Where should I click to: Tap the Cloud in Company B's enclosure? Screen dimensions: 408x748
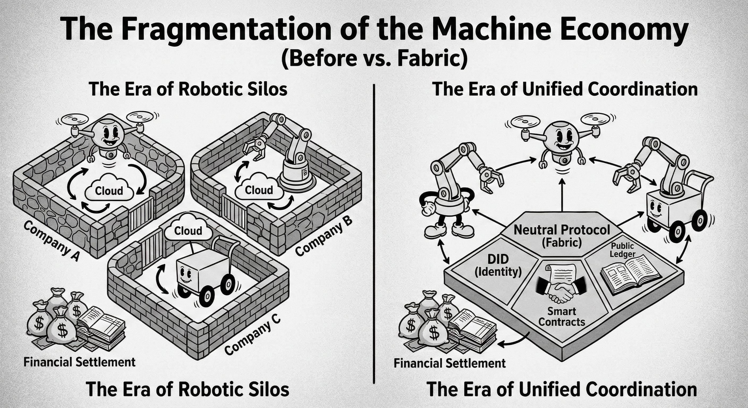coord(259,190)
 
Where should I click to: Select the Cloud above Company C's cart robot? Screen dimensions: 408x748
coord(188,230)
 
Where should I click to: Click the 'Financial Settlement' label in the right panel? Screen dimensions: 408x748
coord(450,363)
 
